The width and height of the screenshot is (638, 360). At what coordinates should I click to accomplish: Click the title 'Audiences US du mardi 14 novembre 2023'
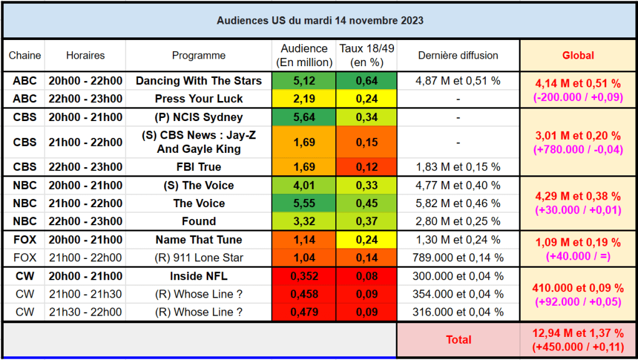click(320, 21)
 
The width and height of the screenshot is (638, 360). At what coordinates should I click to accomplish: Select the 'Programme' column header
click(199, 56)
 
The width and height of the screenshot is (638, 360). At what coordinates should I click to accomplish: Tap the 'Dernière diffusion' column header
click(458, 56)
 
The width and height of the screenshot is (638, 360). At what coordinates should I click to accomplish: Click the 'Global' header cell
click(578, 56)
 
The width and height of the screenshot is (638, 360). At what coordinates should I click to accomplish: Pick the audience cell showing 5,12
click(304, 80)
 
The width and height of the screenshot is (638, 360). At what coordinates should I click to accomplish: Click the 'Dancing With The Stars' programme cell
click(199, 80)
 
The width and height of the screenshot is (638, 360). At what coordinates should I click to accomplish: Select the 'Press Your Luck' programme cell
click(199, 99)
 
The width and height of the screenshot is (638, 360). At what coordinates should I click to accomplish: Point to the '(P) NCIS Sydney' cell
click(199, 117)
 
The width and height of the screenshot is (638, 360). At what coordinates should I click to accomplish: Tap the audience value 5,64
click(304, 117)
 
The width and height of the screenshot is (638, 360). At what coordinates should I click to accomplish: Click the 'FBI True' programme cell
click(199, 167)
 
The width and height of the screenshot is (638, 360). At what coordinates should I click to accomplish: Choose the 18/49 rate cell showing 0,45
click(366, 203)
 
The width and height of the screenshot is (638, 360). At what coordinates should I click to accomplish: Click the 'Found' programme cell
click(199, 221)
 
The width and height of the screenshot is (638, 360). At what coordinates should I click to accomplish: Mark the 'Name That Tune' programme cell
click(199, 240)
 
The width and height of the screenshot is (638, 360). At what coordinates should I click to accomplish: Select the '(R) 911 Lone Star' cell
click(199, 258)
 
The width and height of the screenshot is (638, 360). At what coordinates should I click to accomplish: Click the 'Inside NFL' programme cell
click(199, 276)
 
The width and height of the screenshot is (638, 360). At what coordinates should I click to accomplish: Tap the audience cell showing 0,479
click(304, 313)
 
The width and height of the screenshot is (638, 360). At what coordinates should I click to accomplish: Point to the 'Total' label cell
click(458, 340)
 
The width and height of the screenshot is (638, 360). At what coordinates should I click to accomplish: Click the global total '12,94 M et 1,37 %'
click(578, 334)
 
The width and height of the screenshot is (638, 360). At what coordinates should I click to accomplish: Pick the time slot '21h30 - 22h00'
click(86, 313)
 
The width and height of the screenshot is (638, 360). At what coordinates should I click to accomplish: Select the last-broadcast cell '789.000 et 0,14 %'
click(458, 258)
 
